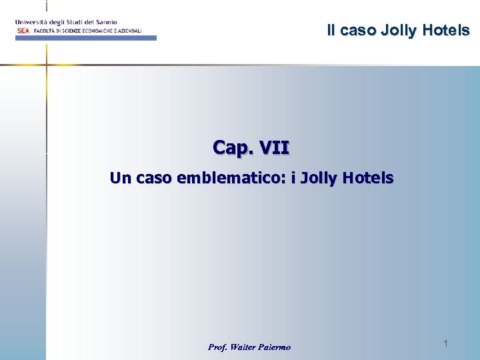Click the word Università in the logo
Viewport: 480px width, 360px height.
pyautogui.click(x=31, y=22)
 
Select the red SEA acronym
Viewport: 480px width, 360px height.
pyautogui.click(x=23, y=31)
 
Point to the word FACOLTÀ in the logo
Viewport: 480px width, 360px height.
pyautogui.click(x=45, y=31)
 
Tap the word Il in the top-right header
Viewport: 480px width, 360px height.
pyautogui.click(x=331, y=30)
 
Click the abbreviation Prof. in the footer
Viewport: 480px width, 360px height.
pyautogui.click(x=218, y=347)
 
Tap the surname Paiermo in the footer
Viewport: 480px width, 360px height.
pyautogui.click(x=277, y=347)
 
